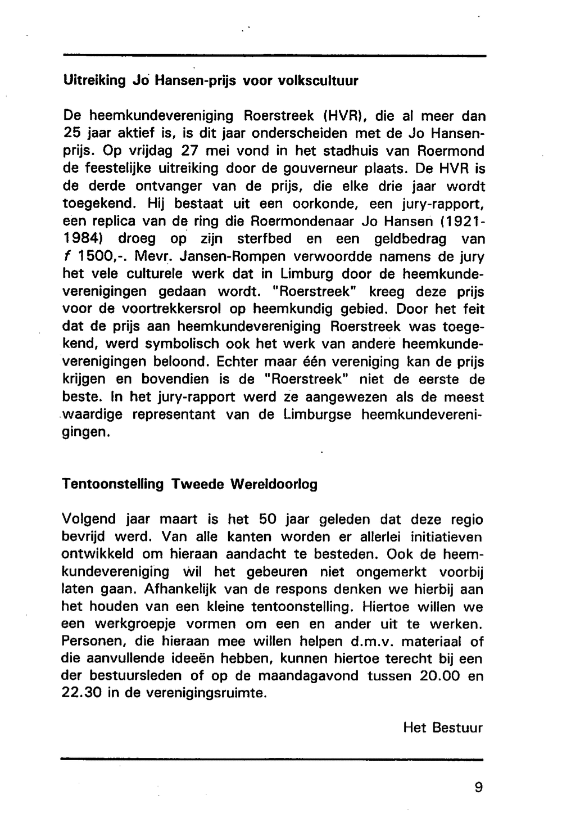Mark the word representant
coord(182,414)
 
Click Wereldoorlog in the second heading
coord(274,484)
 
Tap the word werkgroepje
coord(132,624)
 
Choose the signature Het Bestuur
coord(443,728)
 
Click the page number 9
coord(478,788)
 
